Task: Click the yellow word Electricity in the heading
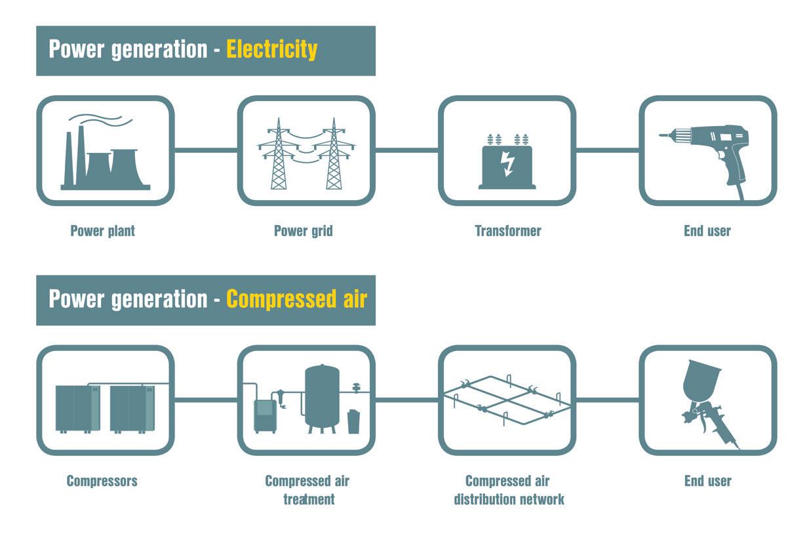click(x=271, y=50)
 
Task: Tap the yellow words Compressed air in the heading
click(x=296, y=299)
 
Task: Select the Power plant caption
click(x=103, y=231)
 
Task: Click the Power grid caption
click(x=303, y=231)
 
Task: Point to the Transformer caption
click(x=508, y=231)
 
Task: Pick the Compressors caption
click(x=102, y=481)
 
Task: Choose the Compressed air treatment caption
click(x=307, y=489)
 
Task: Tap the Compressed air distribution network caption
click(x=509, y=489)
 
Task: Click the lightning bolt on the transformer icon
click(x=507, y=163)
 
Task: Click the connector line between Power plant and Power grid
click(x=206, y=150)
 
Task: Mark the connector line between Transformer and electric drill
click(x=607, y=150)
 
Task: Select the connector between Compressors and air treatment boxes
click(x=206, y=400)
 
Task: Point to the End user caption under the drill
click(x=707, y=231)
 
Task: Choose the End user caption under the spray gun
click(x=707, y=481)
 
